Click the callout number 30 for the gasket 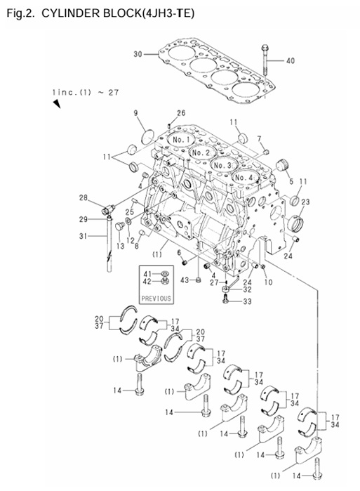[138, 53]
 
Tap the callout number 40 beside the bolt [291, 60]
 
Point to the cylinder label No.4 [244, 177]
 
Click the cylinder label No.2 [201, 152]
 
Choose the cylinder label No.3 [223, 165]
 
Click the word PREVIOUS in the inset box [156, 298]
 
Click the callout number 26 [180, 113]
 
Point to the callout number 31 [83, 236]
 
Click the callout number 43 [185, 280]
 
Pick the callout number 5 [291, 181]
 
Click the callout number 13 [120, 247]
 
